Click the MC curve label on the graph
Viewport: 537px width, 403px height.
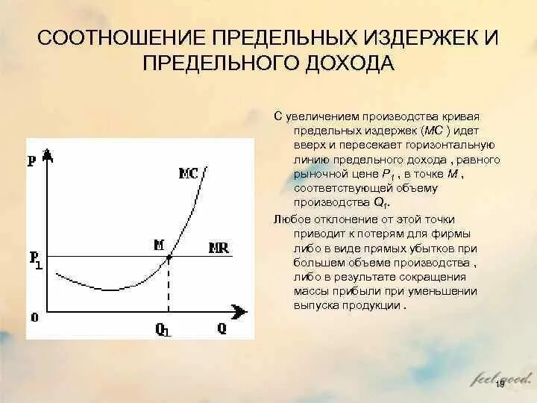188,174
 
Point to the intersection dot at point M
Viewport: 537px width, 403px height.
169,257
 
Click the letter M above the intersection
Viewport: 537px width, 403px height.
159,244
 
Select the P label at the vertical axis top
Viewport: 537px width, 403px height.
31,160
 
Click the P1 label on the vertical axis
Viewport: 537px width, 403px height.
35,260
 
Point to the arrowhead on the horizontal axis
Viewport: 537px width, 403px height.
240,310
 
